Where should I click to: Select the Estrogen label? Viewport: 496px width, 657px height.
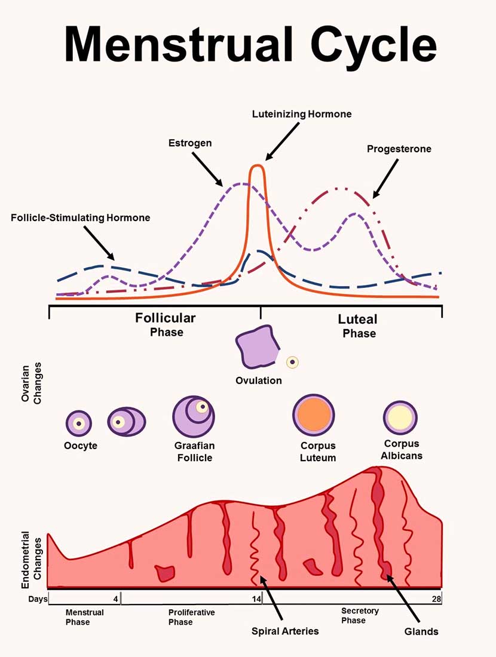point(189,143)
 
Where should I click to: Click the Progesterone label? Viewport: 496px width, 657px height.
point(399,149)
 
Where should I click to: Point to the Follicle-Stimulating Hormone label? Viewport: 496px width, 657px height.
point(81,218)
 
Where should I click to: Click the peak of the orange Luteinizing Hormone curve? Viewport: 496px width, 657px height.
point(256,167)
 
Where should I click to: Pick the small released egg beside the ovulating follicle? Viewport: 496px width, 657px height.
point(292,362)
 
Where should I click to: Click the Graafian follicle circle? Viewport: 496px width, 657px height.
point(194,416)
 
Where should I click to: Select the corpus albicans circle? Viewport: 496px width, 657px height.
point(400,417)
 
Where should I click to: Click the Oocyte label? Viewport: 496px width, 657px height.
point(81,446)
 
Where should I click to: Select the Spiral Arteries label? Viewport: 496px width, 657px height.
point(285,631)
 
